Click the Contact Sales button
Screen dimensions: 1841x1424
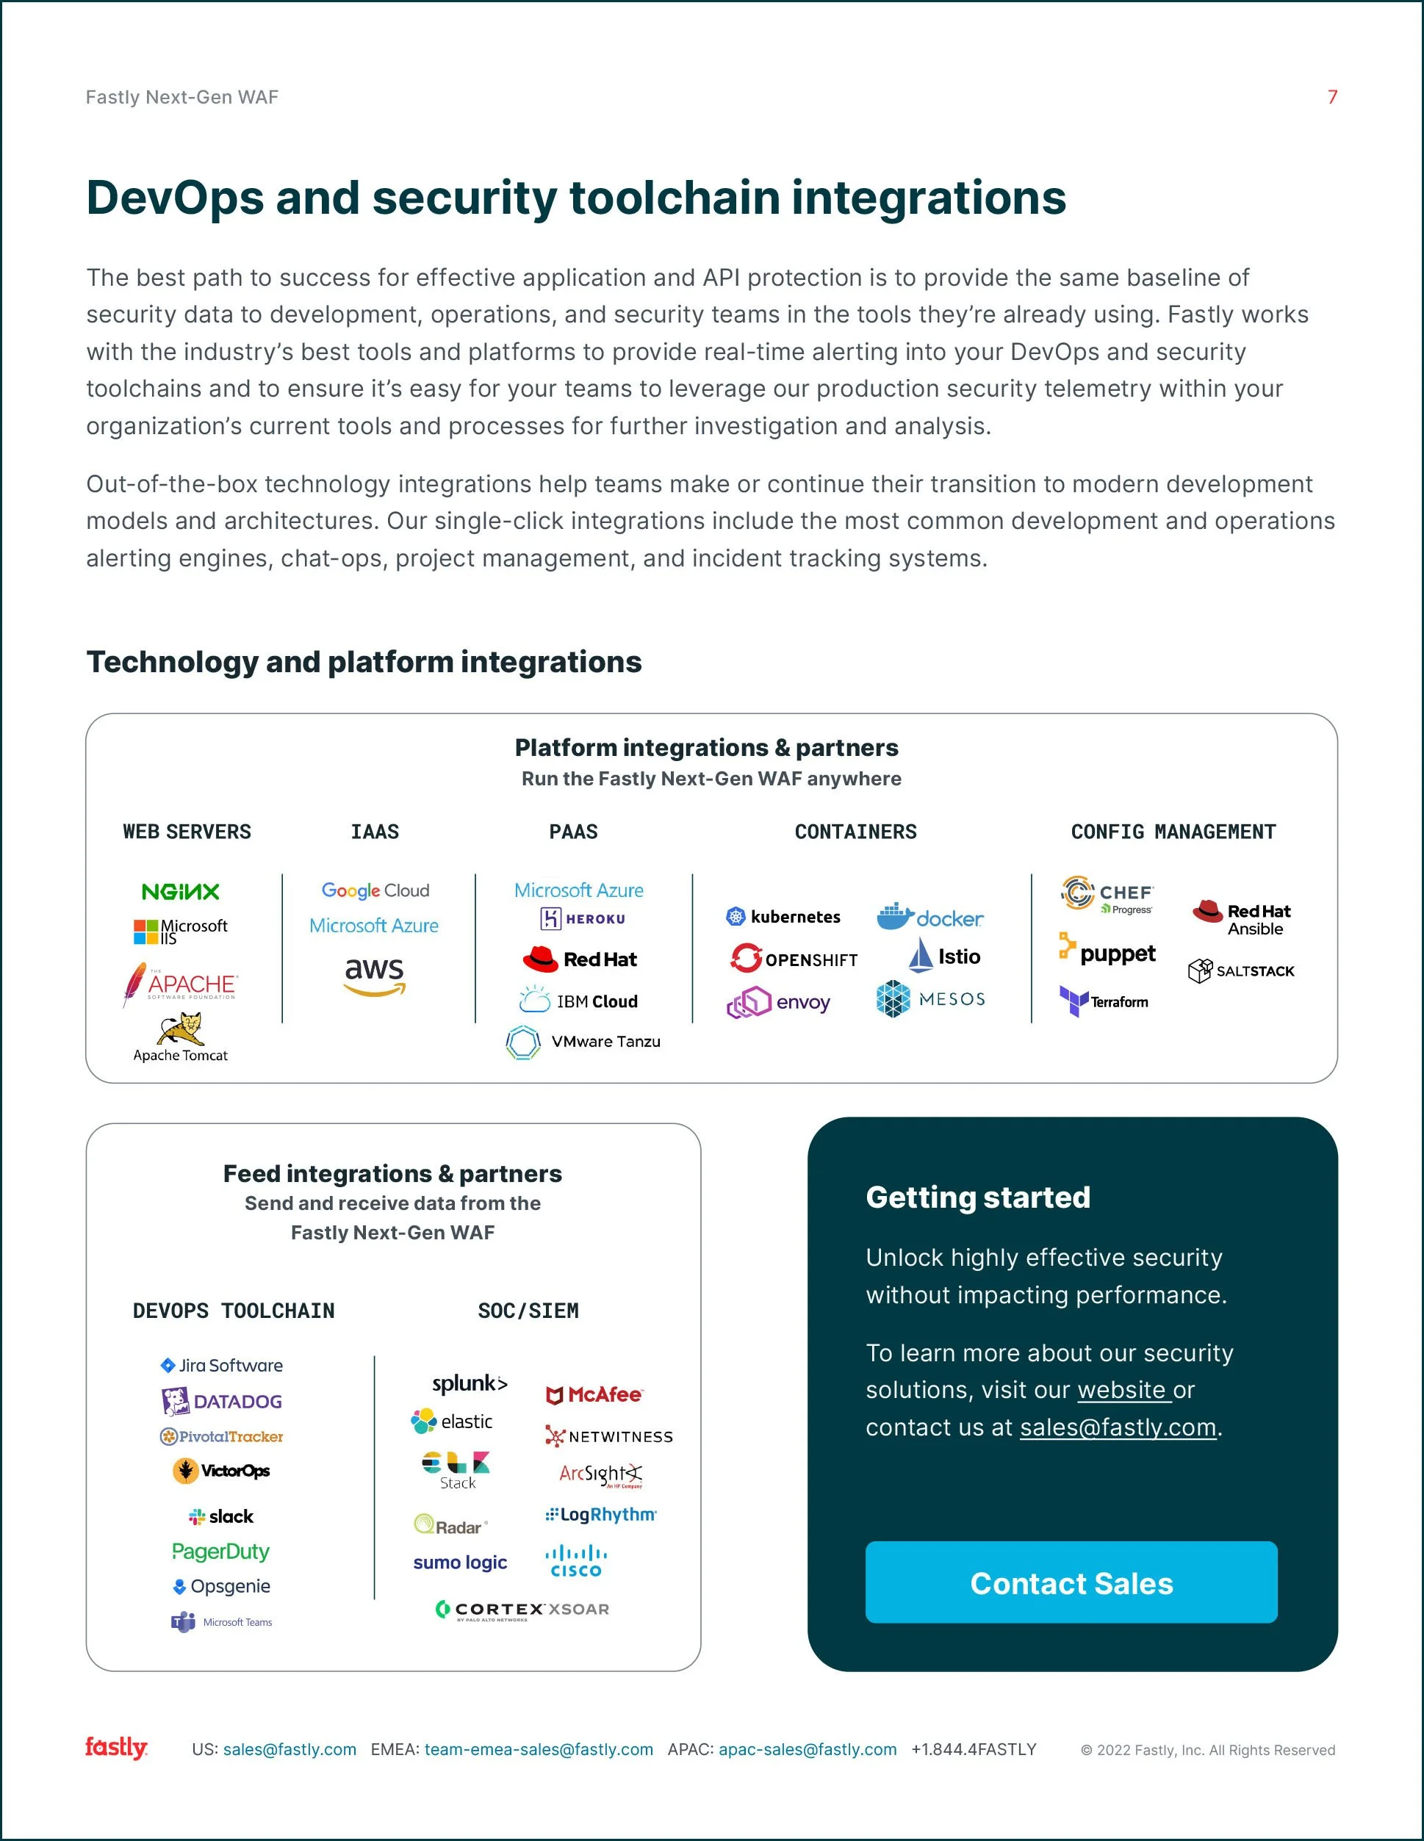1071,1582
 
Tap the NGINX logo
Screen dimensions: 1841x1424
181,891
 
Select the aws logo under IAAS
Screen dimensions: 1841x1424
374,976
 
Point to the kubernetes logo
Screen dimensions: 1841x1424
783,916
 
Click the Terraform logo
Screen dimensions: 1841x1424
1104,1001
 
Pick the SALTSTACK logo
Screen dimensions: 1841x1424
1240,971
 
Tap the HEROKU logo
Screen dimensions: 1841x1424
583,919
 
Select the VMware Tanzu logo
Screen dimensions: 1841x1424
583,1042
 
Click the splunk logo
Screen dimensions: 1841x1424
470,1383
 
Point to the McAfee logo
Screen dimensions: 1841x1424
594,1395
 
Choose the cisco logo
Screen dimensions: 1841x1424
576,1560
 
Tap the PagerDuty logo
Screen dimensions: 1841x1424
221,1551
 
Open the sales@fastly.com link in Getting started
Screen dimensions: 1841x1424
1118,1427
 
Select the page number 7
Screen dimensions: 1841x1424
1332,97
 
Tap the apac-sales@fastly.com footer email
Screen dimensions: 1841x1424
807,1749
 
